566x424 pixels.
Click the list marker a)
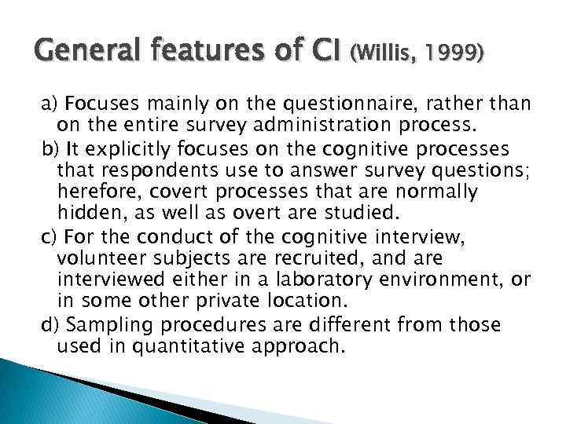[x=50, y=104]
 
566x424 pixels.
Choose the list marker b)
[x=50, y=148]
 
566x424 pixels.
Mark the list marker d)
[x=50, y=324]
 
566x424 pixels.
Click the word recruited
[x=331, y=258]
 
